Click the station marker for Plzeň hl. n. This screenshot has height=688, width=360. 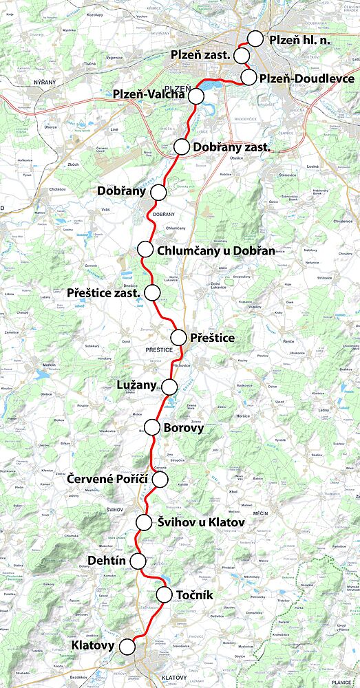pyautogui.click(x=255, y=39)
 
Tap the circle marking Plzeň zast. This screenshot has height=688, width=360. pyautogui.click(x=242, y=55)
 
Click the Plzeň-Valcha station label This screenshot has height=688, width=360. pyautogui.click(x=149, y=95)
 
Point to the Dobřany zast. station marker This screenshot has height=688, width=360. pyautogui.click(x=182, y=147)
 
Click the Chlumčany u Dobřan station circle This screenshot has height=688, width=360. pyautogui.click(x=145, y=249)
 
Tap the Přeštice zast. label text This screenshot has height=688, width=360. pyautogui.click(x=104, y=293)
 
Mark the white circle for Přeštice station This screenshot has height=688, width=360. pyautogui.click(x=178, y=337)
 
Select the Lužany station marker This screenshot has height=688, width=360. pyautogui.click(x=167, y=385)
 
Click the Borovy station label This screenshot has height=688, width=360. pyautogui.click(x=183, y=428)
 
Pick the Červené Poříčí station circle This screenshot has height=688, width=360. pyautogui.click(x=160, y=479)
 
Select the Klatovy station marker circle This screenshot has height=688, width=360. pyautogui.click(x=127, y=646)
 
